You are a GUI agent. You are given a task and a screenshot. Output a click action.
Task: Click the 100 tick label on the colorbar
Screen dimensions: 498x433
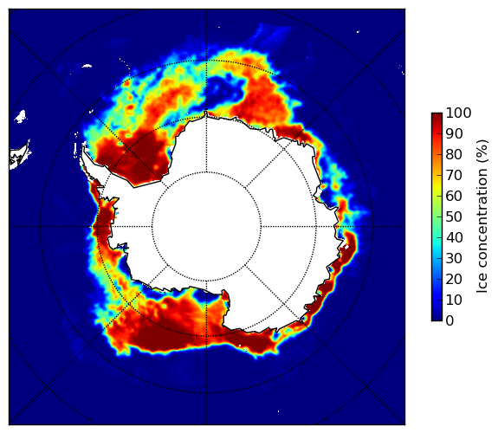pos(458,113)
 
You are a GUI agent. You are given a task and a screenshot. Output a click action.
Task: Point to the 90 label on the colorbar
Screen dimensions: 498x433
pos(454,133)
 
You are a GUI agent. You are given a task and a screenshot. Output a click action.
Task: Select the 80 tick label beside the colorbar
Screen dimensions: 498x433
pos(454,155)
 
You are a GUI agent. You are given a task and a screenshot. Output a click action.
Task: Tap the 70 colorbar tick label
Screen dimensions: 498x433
pos(454,175)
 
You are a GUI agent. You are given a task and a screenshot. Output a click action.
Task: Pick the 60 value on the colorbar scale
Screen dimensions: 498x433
pos(454,196)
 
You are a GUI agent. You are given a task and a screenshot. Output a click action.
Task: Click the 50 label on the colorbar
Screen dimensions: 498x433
pos(454,217)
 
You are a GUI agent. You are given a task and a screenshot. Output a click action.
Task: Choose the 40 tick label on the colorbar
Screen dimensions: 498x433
pos(454,237)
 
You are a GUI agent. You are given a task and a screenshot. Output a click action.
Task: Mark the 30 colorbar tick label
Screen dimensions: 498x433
pos(454,259)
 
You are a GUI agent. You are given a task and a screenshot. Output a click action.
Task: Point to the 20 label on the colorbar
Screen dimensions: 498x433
pos(454,279)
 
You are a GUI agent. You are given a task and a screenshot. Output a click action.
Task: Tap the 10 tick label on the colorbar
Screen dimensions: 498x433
pos(454,300)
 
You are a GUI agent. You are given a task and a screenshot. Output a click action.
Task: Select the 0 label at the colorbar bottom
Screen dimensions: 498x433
pos(450,321)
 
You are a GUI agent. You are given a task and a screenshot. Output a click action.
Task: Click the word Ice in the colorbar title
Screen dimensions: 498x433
pos(482,285)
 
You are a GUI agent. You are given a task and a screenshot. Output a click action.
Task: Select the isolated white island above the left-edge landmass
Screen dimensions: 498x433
pos(21,116)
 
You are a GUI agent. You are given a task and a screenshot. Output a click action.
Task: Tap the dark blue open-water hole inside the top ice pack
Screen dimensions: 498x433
pos(224,88)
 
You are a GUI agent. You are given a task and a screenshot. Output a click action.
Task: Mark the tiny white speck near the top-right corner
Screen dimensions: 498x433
pos(358,31)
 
